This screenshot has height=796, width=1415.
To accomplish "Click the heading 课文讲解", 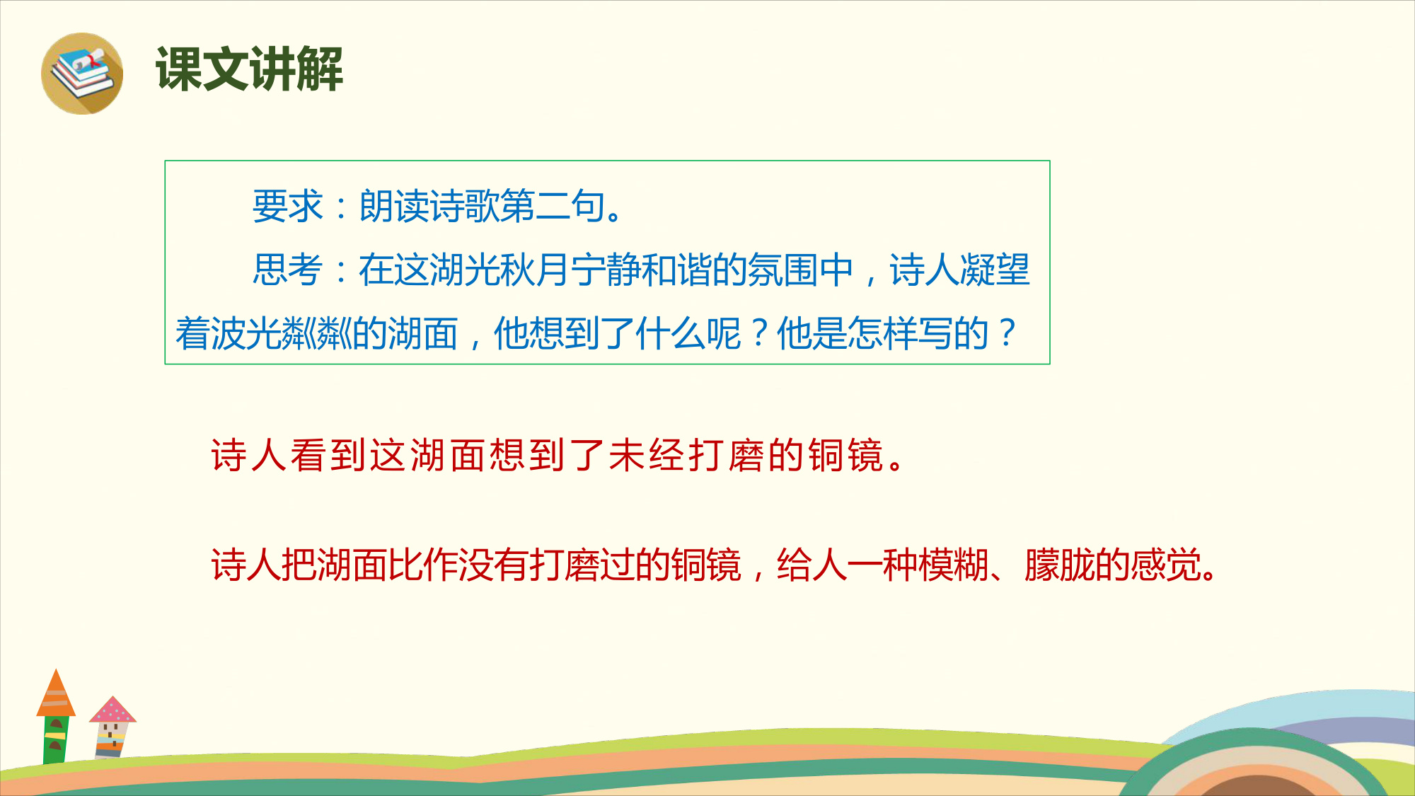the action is [x=249, y=69].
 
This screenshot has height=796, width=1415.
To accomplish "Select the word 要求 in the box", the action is [x=288, y=207].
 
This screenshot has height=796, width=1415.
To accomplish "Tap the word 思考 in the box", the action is [x=288, y=270].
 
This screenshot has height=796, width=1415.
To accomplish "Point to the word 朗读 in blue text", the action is [x=394, y=207].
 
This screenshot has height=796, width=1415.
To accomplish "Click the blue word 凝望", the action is [x=995, y=270].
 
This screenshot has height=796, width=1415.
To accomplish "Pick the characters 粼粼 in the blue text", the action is [x=317, y=333].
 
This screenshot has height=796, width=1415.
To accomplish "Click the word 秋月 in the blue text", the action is [x=535, y=270].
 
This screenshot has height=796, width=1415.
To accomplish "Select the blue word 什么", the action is [x=670, y=333].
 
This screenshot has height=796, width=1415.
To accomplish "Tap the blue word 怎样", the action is [x=882, y=333].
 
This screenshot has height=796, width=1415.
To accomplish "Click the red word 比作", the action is [x=423, y=565].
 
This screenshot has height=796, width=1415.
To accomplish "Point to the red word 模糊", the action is [x=954, y=565].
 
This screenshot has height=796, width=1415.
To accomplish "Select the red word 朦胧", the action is [x=1060, y=565].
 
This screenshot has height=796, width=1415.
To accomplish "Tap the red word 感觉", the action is [x=1166, y=565].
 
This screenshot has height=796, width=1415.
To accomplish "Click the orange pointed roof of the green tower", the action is [x=56, y=693].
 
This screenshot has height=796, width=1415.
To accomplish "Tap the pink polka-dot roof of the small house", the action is [x=112, y=710].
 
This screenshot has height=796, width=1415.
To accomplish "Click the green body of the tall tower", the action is [x=56, y=739].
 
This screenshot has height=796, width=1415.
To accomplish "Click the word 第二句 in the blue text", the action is [x=518, y=207].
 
